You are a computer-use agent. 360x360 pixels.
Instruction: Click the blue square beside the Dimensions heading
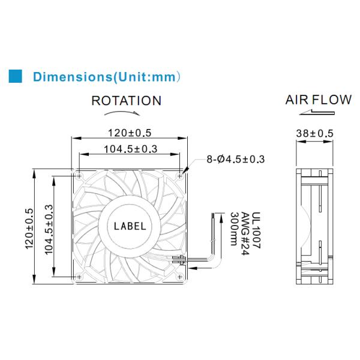(x=15, y=76)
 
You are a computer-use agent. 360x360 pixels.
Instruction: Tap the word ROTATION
(x=126, y=101)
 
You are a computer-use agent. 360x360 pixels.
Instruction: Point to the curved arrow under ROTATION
(x=126, y=112)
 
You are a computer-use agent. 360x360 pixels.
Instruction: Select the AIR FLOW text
(x=318, y=100)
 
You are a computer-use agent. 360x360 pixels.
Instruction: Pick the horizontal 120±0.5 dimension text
(x=129, y=133)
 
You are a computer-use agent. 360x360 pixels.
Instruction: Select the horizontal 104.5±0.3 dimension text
(x=129, y=149)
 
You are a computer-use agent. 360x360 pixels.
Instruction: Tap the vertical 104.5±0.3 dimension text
(x=50, y=230)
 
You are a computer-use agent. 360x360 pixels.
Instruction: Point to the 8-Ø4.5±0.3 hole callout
(x=236, y=159)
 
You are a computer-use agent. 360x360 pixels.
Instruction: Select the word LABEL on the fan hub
(x=130, y=226)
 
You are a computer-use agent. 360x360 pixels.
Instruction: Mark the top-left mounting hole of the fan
(x=80, y=176)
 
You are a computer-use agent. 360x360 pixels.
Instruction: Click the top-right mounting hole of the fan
(x=180, y=176)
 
